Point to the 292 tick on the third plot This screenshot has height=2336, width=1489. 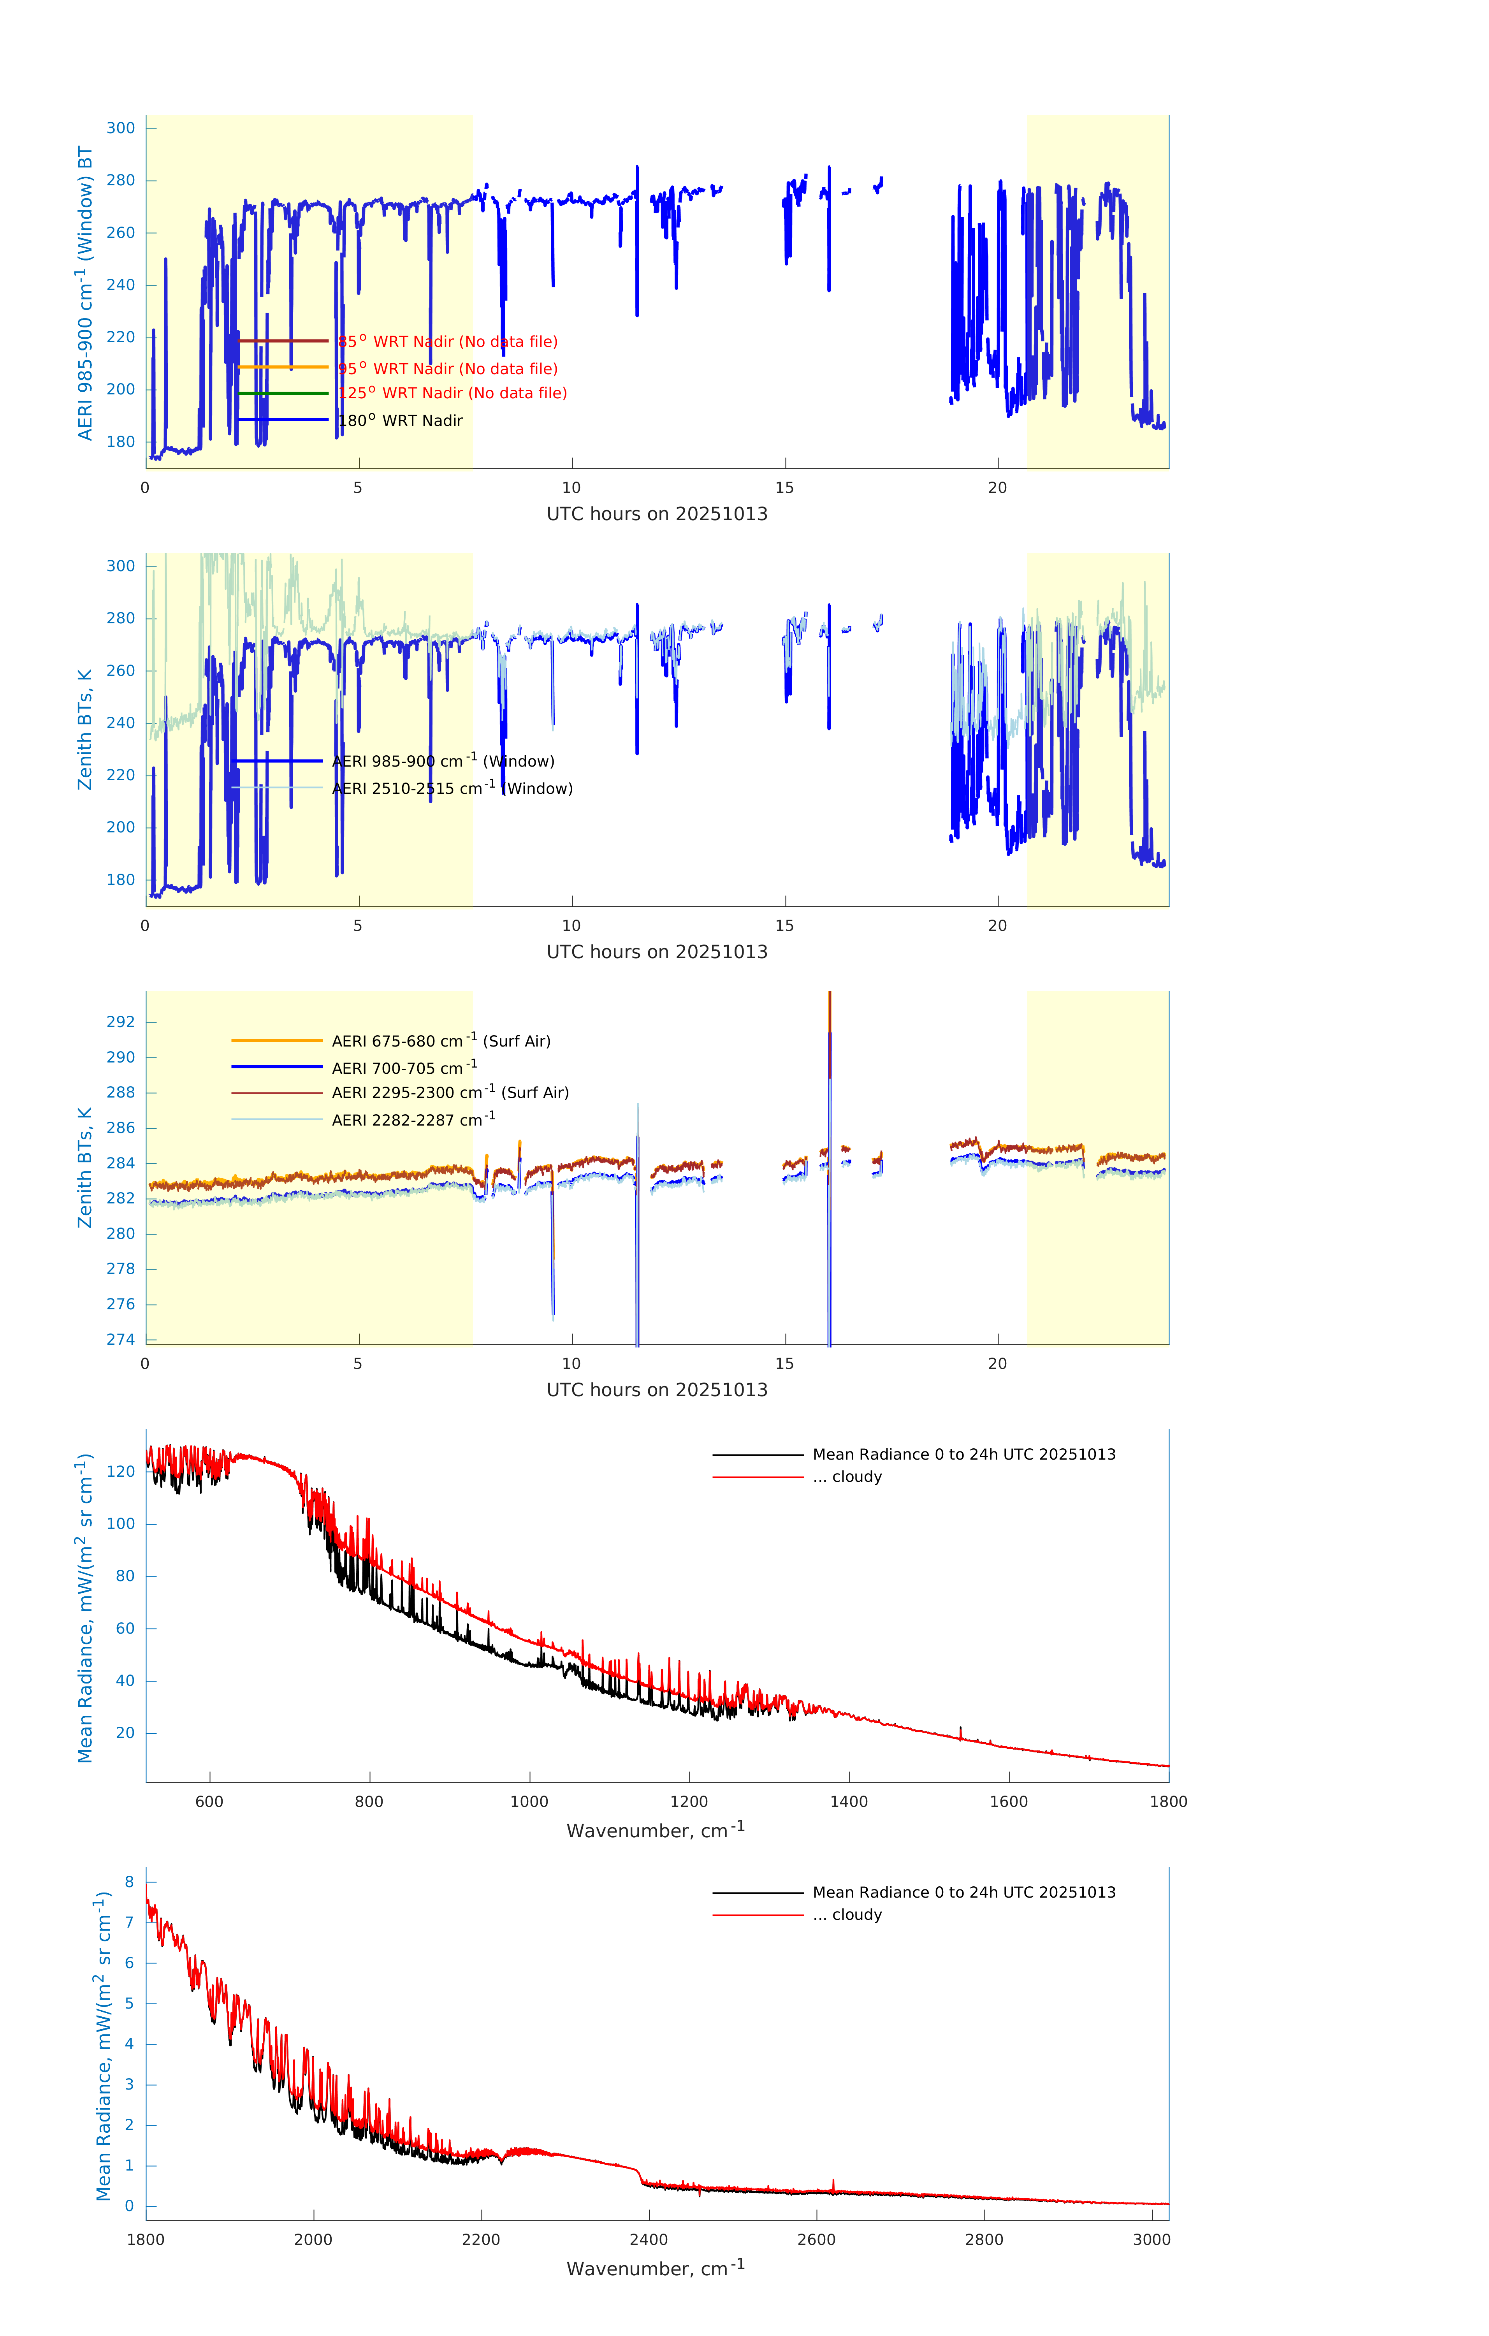[x=121, y=1022]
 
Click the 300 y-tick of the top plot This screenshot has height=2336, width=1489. [x=121, y=128]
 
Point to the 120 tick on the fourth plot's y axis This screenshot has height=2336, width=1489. [x=121, y=1472]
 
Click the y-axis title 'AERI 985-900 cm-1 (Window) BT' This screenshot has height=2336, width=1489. [x=85, y=293]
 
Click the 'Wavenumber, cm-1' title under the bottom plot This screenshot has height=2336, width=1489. [x=656, y=2268]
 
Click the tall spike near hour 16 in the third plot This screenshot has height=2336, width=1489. [x=830, y=1067]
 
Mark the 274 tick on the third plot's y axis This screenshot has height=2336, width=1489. [x=121, y=1340]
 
